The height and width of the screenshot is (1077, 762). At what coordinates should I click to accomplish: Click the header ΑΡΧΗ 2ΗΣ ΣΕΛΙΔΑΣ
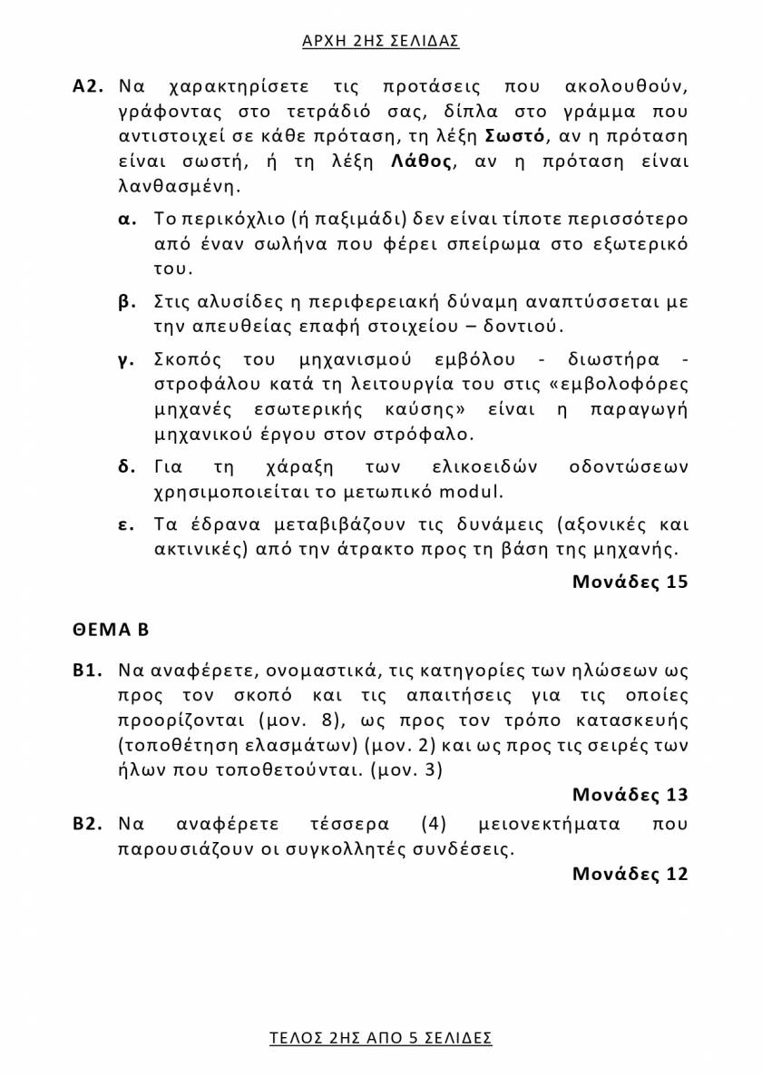380,41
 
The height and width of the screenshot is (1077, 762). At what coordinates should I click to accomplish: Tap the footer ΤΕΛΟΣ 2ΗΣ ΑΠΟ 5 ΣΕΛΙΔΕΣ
380,1037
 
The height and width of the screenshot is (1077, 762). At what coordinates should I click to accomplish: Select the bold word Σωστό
515,138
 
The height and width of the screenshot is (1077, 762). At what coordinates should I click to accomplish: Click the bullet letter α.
127,220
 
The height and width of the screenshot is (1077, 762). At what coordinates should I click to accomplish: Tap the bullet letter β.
127,300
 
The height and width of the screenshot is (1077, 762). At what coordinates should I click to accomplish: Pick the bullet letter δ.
127,467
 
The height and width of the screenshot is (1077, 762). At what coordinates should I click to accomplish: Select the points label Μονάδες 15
630,582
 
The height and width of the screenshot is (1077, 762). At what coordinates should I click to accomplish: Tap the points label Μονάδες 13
630,795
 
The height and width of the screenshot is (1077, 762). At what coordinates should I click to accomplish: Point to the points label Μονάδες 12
630,874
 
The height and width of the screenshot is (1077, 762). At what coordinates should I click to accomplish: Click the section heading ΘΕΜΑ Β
111,629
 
